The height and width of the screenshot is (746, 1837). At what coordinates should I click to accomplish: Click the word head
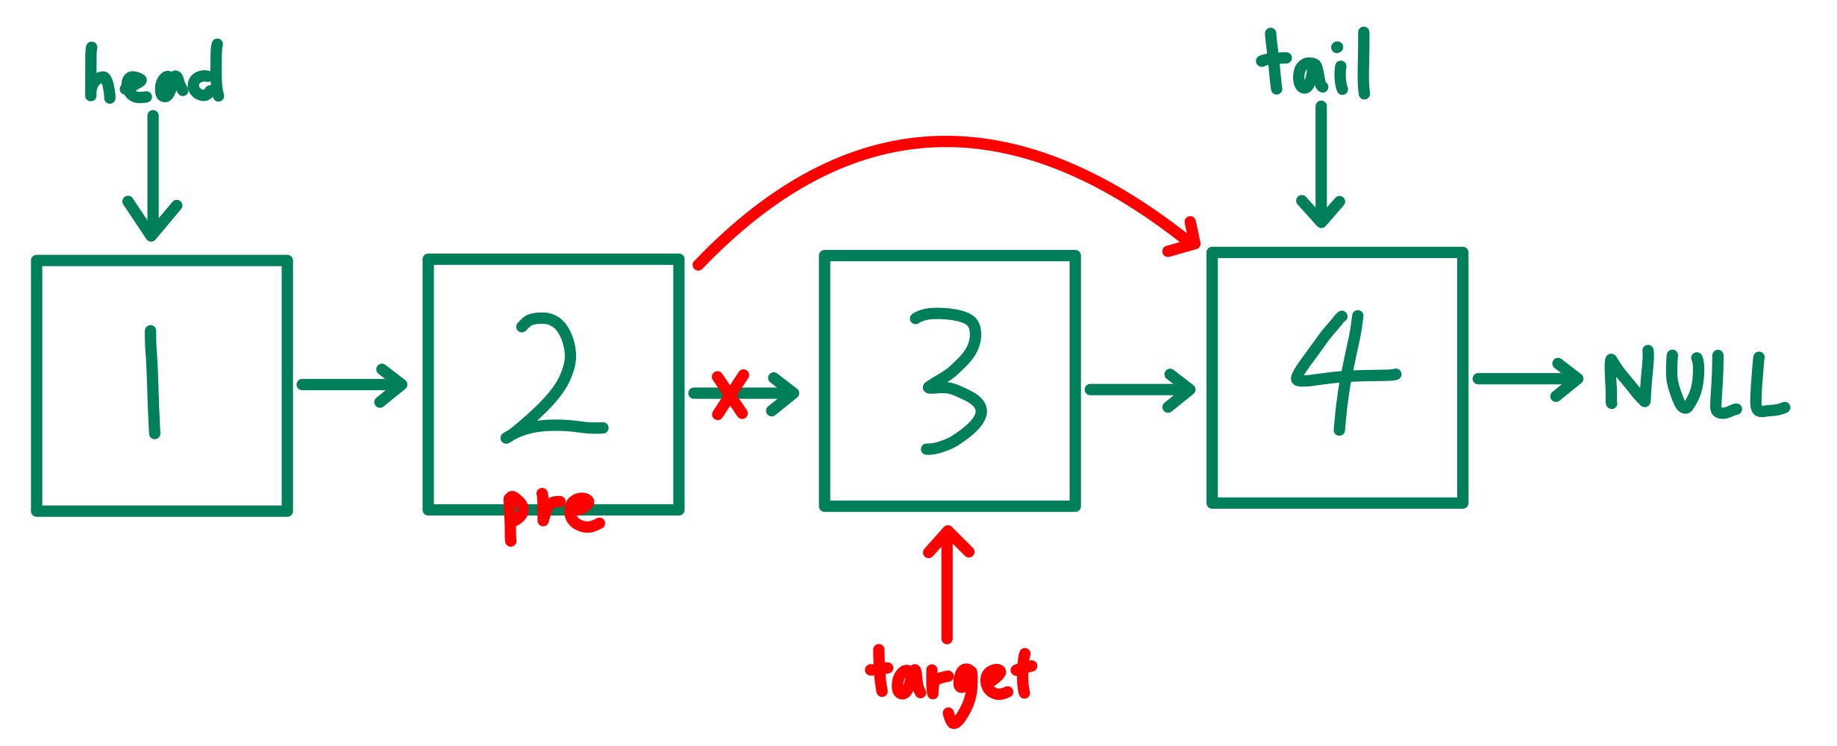pyautogui.click(x=154, y=75)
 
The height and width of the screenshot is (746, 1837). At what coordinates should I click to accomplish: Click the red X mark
pyautogui.click(x=729, y=395)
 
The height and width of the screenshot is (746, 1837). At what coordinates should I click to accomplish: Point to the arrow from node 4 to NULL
pyautogui.click(x=1527, y=380)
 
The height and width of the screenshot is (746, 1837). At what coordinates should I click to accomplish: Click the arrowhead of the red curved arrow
pyautogui.click(x=1186, y=239)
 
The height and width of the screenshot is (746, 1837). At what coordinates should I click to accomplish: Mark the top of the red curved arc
pyautogui.click(x=945, y=142)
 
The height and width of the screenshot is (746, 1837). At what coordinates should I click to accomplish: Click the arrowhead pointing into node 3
pyautogui.click(x=787, y=393)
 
